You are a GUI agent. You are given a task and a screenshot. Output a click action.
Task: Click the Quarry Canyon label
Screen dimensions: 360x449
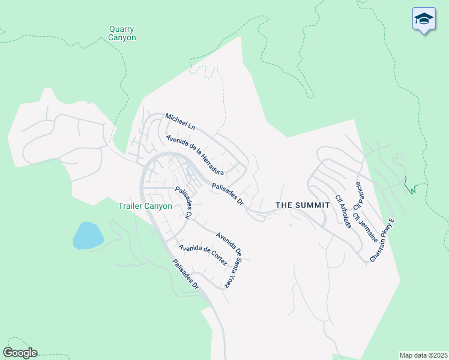click(122, 33)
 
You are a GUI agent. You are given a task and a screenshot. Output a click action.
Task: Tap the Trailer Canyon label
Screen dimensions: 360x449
click(145, 206)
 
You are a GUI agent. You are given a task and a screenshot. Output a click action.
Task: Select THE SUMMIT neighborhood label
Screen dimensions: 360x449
click(303, 205)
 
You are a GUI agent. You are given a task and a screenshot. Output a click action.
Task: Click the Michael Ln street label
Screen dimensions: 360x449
click(181, 121)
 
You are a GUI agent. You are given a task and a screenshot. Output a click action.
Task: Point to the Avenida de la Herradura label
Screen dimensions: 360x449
click(195, 155)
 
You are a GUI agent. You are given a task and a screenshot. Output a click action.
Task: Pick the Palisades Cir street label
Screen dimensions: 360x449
click(183, 205)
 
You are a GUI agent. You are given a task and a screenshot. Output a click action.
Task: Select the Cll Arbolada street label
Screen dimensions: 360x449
click(343, 211)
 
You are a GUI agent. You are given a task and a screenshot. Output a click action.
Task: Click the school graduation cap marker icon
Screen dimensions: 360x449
click(424, 19)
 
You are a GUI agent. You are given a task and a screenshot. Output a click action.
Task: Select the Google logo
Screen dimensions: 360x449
click(20, 353)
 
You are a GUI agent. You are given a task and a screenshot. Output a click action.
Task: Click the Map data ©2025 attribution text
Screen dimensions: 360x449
click(423, 355)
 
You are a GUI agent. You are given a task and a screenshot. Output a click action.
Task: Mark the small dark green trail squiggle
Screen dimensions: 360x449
click(411, 187)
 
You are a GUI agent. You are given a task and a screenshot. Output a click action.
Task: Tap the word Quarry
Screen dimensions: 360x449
click(122, 29)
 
